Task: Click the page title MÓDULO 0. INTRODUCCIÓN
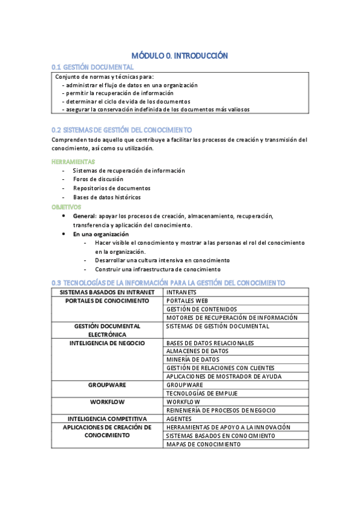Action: (x=180, y=55)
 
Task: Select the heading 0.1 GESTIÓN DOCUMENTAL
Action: (x=93, y=67)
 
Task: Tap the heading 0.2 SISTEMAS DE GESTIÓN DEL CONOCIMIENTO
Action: (x=122, y=130)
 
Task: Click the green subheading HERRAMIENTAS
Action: (x=73, y=162)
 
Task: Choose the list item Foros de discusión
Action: (x=98, y=179)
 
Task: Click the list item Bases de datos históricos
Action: (x=107, y=197)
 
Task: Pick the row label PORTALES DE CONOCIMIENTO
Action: (x=107, y=301)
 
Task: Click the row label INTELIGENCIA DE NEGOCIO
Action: (x=107, y=343)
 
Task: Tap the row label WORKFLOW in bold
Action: (x=107, y=401)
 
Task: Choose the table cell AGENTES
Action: (x=179, y=419)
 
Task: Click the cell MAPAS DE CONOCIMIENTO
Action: (x=203, y=444)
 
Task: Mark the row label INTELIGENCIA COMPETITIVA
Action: (x=107, y=419)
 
